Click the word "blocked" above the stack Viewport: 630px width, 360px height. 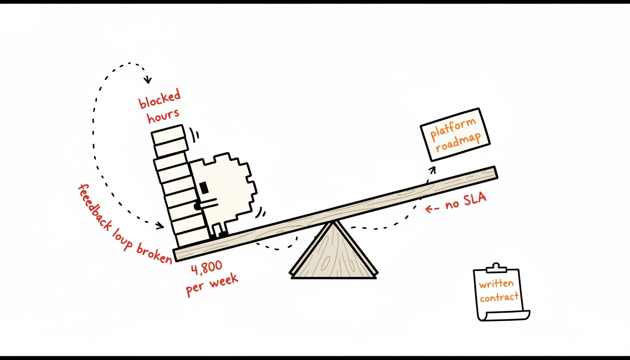coord(160,99)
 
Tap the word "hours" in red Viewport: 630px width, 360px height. coord(163,116)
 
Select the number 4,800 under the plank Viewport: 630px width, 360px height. coord(207,268)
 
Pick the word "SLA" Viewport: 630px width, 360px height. coord(475,199)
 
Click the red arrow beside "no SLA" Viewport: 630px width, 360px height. coord(432,209)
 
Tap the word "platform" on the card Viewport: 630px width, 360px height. coord(453,128)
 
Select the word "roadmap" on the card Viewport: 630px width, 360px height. coord(458,142)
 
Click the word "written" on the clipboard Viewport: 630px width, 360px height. coord(496,284)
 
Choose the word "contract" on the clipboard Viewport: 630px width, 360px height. coord(499,297)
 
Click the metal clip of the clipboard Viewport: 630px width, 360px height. coord(496,268)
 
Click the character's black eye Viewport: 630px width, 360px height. coord(204,187)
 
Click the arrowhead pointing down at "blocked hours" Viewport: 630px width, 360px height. coord(148,80)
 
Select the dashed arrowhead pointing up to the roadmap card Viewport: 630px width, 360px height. coord(433,170)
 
